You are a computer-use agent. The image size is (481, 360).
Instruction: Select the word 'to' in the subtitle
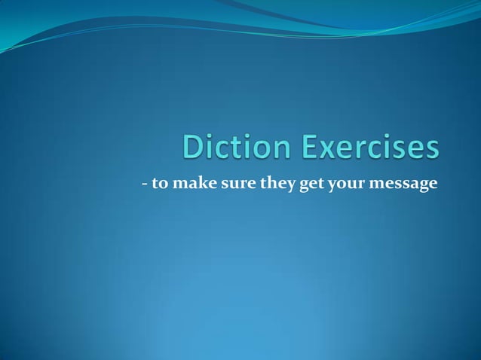click(x=159, y=183)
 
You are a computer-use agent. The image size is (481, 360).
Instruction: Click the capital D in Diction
click(x=194, y=147)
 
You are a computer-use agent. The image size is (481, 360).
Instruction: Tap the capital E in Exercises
click(x=314, y=147)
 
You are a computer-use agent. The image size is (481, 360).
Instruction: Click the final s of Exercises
click(x=431, y=148)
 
